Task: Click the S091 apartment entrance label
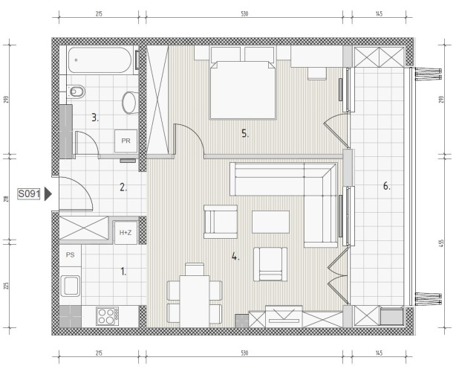point(29,194)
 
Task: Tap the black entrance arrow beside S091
point(48,194)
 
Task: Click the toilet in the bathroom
point(76,92)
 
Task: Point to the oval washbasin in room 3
point(129,103)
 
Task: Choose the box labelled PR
point(126,141)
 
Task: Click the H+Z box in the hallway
point(126,233)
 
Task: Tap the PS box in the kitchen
point(71,255)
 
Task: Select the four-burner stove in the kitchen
point(108,316)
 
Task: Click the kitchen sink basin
point(71,286)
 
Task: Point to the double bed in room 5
point(243,90)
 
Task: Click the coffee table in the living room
point(270,222)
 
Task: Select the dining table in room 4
point(195,301)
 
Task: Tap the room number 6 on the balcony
point(387,186)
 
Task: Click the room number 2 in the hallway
point(123,187)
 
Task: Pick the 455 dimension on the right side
point(441,243)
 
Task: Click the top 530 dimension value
point(244,14)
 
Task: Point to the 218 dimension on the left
point(7,199)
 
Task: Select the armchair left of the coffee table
point(221,222)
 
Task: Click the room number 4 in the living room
point(235,257)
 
